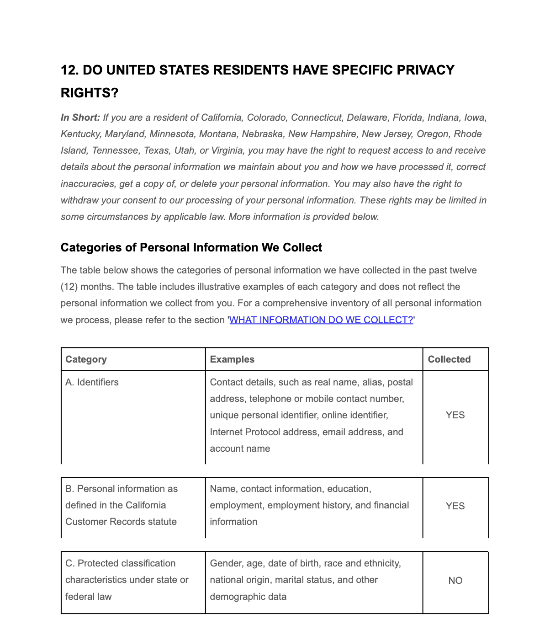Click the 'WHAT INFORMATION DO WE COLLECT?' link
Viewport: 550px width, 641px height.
click(x=321, y=320)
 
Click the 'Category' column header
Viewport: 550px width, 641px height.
click(x=86, y=359)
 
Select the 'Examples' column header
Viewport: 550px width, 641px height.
click(x=232, y=359)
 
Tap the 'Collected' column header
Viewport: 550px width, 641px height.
click(x=449, y=359)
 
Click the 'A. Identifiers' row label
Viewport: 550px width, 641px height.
click(x=92, y=382)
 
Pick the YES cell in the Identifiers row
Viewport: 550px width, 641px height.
click(x=455, y=415)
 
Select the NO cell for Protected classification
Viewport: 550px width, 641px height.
click(x=455, y=581)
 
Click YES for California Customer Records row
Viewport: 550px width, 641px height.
click(x=455, y=506)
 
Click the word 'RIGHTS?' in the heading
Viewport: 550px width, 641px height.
click(x=90, y=93)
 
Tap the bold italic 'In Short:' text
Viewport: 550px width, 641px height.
click(x=80, y=118)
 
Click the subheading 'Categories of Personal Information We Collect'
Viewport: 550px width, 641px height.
click(x=191, y=247)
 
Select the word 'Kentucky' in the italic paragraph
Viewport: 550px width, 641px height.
click(x=80, y=134)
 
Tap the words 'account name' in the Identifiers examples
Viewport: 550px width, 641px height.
click(x=240, y=449)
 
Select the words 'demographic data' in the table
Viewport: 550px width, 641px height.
click(x=248, y=597)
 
